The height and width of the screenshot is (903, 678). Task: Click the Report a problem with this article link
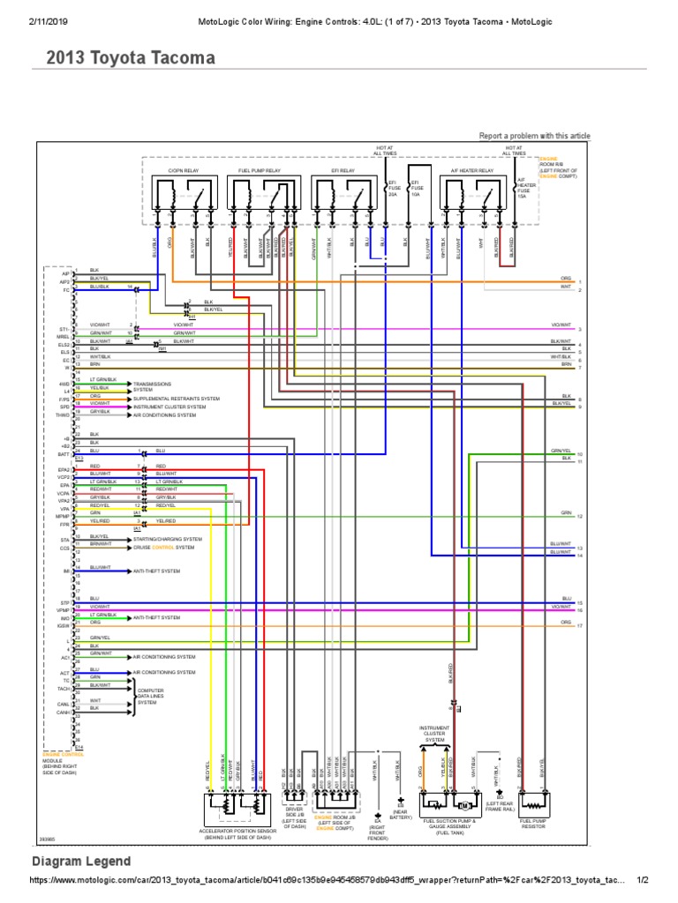pos(534,136)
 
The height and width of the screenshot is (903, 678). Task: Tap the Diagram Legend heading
pos(81,862)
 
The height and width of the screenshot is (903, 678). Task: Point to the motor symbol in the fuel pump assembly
pos(461,805)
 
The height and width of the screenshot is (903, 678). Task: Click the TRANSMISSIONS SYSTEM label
pos(153,387)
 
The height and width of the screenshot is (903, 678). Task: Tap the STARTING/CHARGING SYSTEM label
pos(167,539)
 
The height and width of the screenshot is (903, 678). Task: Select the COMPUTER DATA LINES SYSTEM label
pos(153,696)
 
